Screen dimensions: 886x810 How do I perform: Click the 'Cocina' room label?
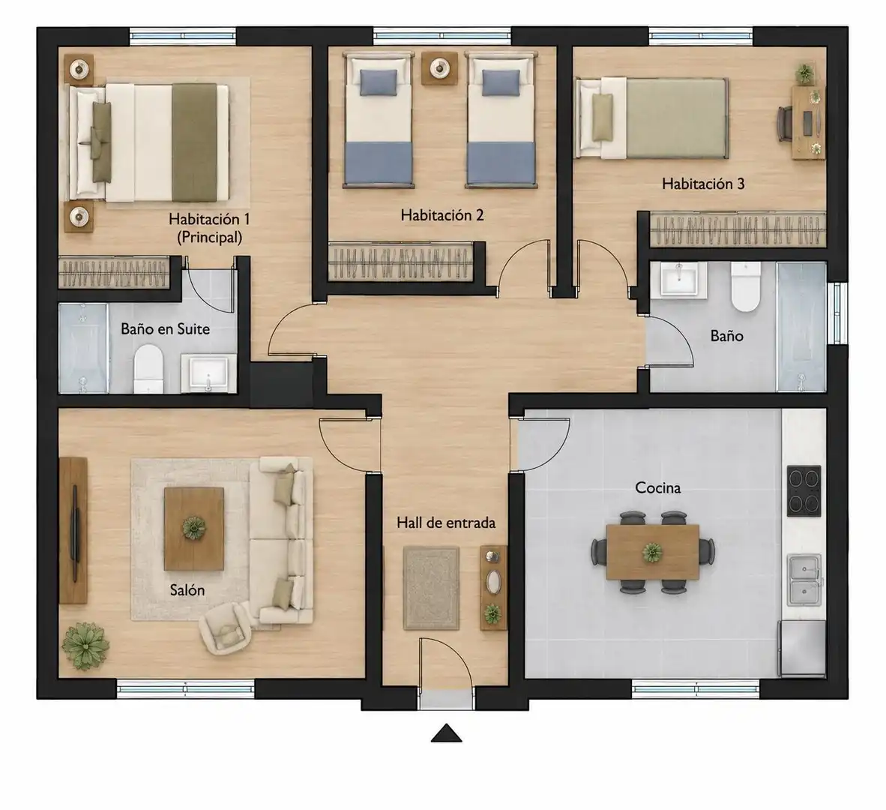pos(657,487)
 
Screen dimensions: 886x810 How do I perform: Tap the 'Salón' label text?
pos(187,590)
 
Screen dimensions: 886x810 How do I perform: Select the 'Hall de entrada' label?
pos(446,523)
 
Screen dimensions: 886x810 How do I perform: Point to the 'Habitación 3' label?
pos(703,184)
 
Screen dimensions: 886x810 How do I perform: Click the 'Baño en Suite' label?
pos(165,329)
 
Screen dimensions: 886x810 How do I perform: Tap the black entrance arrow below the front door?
pos(447,733)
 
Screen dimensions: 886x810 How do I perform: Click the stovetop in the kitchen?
pos(804,490)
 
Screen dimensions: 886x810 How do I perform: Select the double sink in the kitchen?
pos(804,580)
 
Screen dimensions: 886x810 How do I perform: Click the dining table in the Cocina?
pos(653,552)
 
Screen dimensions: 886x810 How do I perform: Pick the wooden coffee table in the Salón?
pos(194,529)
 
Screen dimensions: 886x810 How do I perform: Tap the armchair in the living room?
pos(226,628)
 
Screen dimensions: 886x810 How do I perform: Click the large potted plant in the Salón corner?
pos(85,646)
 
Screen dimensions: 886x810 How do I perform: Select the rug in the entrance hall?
pos(430,588)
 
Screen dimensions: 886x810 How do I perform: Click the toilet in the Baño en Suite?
pos(148,369)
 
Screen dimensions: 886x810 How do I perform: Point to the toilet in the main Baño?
pos(745,286)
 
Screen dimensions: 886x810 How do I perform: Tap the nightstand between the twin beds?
pos(439,69)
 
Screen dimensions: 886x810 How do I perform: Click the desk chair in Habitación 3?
pos(785,123)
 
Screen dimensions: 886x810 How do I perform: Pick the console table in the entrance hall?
pos(492,588)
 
